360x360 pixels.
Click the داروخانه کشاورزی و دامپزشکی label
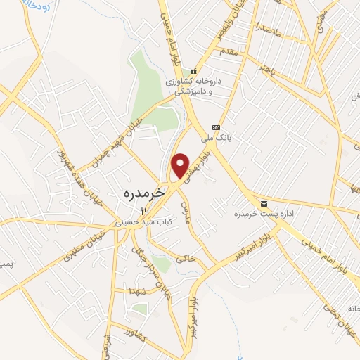click(202, 86)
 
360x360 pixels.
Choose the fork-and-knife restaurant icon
click(143, 210)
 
